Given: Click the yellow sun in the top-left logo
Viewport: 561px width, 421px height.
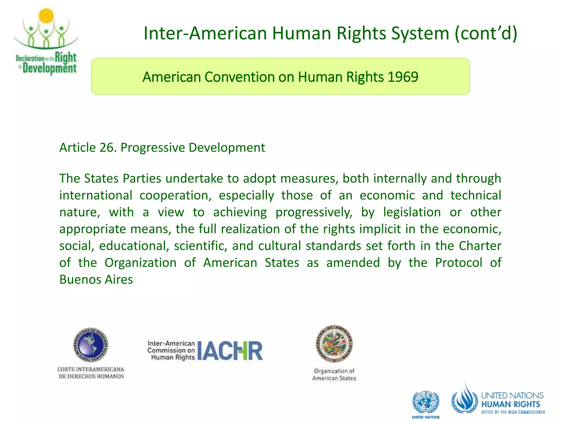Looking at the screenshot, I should pos(46,16).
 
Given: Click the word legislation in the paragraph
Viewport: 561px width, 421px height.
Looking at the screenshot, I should pos(412,212).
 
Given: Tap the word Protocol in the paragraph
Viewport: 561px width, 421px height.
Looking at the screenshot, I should pos(459,263).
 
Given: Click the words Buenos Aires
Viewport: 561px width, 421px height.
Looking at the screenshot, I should pos(96,280).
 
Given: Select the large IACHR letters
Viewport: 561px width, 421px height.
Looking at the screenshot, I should pos(230,351).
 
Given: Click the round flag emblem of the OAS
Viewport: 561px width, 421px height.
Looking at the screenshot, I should pos(334,344).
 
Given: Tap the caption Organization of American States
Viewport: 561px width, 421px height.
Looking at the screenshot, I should pos(334,374).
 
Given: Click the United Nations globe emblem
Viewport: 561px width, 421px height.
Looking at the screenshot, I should pos(425,402).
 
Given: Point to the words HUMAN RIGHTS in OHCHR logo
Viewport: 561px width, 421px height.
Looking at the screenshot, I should pos(510,404).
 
